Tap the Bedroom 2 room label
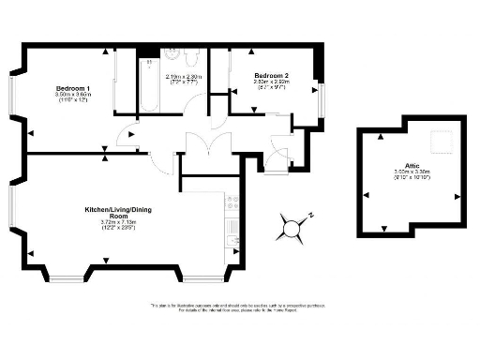270,75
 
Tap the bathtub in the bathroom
150,85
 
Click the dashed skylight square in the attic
438,142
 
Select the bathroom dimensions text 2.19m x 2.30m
184,77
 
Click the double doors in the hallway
206,146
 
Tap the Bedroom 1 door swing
126,138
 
